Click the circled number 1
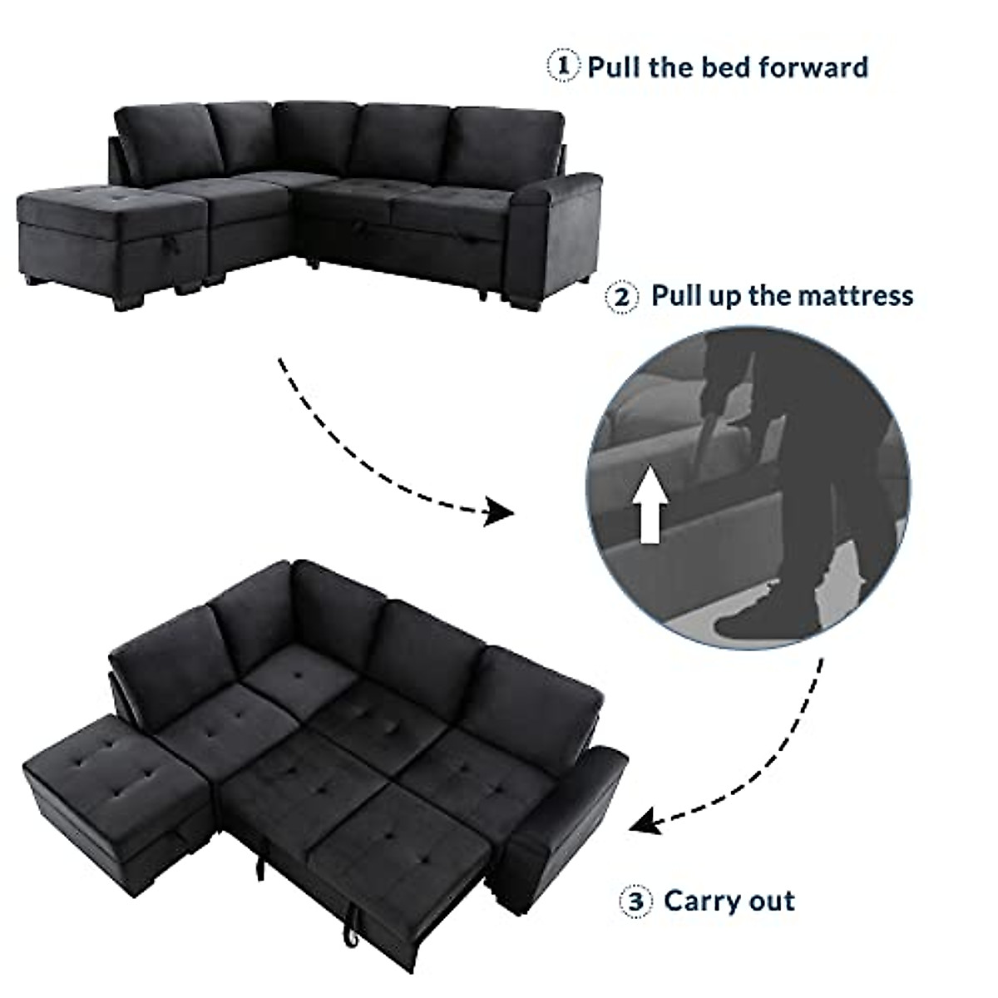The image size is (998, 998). point(564,67)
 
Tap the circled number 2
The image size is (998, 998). point(623,297)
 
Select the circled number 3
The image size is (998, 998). point(634,902)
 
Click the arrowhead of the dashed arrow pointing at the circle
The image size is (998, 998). point(499,512)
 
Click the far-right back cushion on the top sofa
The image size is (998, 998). point(503,141)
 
